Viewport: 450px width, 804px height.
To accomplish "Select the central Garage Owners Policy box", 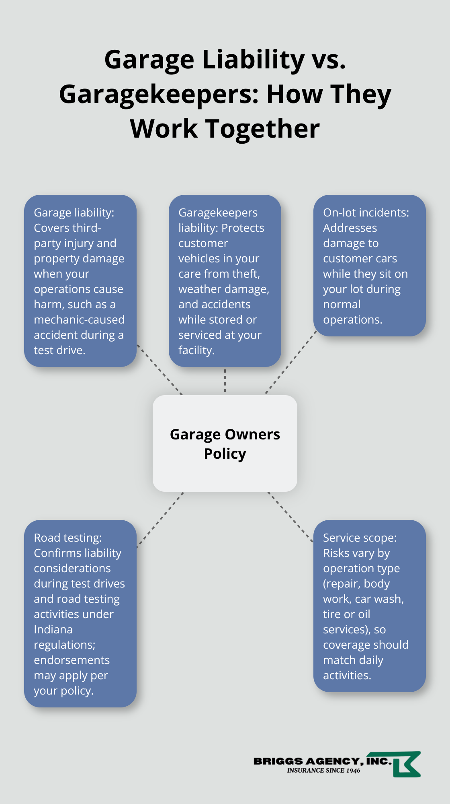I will pyautogui.click(x=225, y=443).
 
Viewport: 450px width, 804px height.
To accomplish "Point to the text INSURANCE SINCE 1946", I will pyautogui.click(x=323, y=771).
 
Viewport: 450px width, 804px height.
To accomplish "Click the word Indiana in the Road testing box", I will pyautogui.click(x=53, y=629).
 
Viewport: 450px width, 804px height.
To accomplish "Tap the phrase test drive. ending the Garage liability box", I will pyautogui.click(x=59, y=350).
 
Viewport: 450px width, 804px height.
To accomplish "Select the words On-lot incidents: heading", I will pyautogui.click(x=366, y=212).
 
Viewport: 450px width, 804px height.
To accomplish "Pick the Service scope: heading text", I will pyautogui.click(x=360, y=538).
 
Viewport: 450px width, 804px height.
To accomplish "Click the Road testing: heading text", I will pyautogui.click(x=68, y=538).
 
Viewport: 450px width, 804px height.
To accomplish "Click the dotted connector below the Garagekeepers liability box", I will pyautogui.click(x=225, y=381).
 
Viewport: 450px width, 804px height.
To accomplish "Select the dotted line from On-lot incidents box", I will pyautogui.click(x=291, y=362).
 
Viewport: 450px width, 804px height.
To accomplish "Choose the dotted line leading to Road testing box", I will pyautogui.click(x=160, y=520).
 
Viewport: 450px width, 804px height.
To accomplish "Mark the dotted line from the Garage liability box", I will pyautogui.click(x=160, y=369).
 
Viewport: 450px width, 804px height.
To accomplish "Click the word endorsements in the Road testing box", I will pyautogui.click(x=72, y=660).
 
